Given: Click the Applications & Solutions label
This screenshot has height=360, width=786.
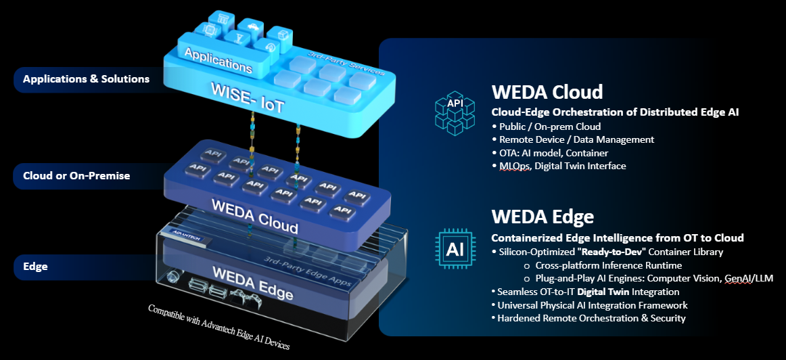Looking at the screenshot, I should tap(86, 79).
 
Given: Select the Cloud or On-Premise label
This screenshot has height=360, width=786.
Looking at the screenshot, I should tap(76, 176).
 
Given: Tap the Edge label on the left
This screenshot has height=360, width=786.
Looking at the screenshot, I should tap(35, 267).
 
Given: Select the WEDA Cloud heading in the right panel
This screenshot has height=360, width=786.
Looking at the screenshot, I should tap(547, 91).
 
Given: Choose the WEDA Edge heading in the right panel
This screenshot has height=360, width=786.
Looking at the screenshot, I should tap(542, 217).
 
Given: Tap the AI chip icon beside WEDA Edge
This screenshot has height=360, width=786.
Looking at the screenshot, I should tap(455, 250).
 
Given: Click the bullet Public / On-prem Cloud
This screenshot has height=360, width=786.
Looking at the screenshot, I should tap(549, 127).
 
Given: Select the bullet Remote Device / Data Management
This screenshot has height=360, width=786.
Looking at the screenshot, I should tap(576, 139).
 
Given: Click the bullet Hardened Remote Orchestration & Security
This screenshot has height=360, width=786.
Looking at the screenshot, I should tap(591, 318).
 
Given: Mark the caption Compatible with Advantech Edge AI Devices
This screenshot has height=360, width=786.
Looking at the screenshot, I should tap(219, 327).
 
